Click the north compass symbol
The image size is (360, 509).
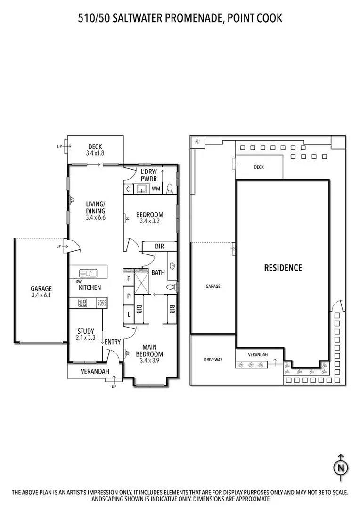pos(340,467)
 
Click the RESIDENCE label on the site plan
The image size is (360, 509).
pos(283,268)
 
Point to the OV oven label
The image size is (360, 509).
pos(102,303)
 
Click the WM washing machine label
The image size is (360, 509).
pos(156,189)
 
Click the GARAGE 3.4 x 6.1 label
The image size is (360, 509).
pos(41,292)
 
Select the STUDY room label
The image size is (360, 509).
pos(85,334)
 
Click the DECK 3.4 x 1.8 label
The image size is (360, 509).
pos(95,150)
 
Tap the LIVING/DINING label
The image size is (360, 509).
pos(96,211)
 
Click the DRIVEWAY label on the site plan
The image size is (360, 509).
pos(213,360)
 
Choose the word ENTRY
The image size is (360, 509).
pos(113,342)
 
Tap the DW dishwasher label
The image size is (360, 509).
pos(79,282)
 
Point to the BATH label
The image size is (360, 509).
pos(158,272)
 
